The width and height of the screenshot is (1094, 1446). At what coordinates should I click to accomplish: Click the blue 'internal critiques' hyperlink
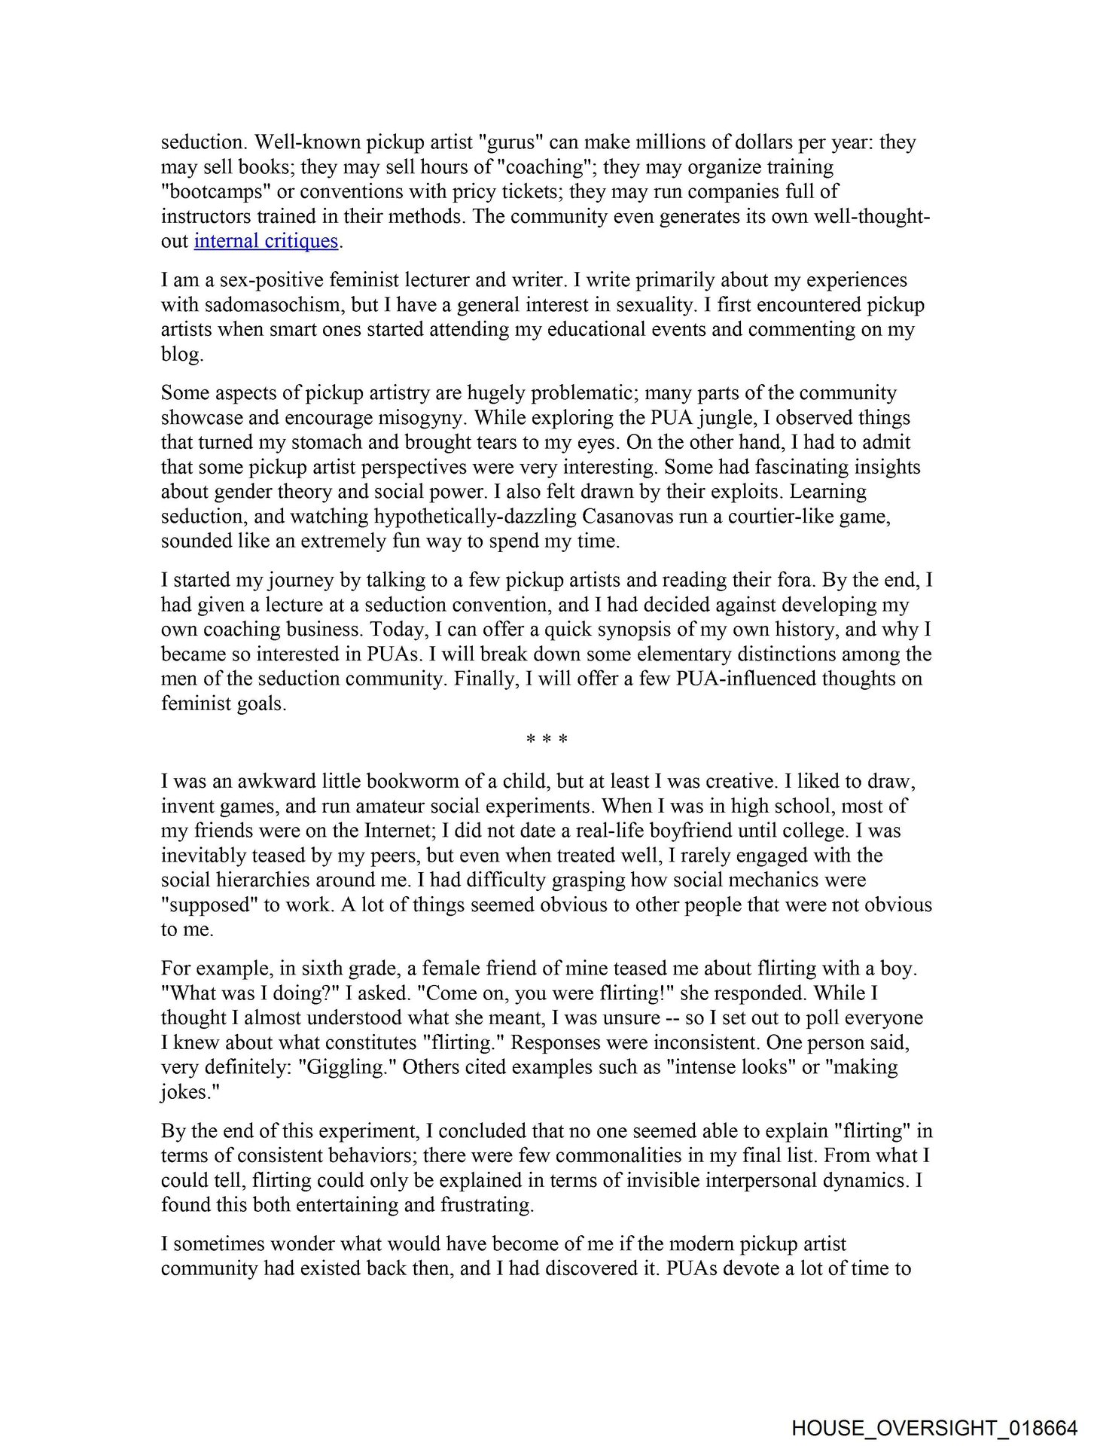[266, 241]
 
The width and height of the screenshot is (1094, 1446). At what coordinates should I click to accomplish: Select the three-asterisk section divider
[547, 740]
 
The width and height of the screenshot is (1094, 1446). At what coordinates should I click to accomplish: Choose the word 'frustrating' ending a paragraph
[485, 1204]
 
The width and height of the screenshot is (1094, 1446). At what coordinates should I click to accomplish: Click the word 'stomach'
[328, 442]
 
